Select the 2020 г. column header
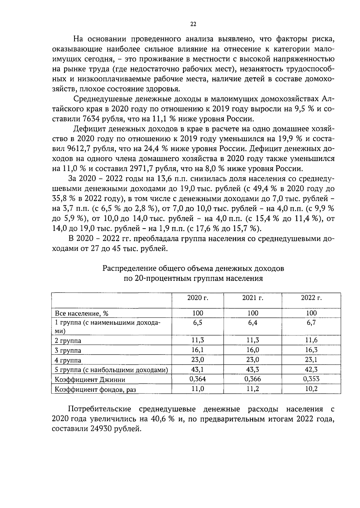(198, 298)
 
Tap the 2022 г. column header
(311, 298)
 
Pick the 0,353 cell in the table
(311, 379)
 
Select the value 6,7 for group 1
(311, 323)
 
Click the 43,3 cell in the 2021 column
(253, 370)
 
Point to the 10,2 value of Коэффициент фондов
(311, 389)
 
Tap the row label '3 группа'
(68, 350)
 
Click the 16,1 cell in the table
(198, 350)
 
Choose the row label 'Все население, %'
(82, 313)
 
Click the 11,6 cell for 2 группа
(311, 340)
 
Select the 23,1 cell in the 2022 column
(311, 360)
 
